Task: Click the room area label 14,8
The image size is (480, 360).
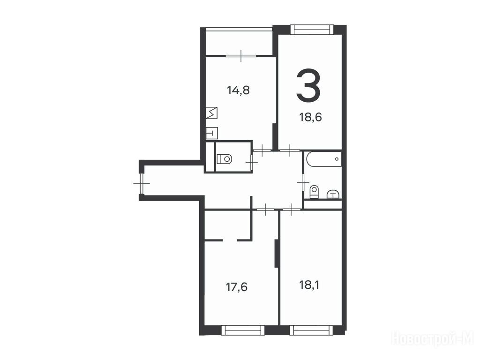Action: (x=239, y=90)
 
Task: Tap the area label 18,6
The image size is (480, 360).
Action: (x=310, y=117)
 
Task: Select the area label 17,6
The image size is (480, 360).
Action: (x=237, y=287)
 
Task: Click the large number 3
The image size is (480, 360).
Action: (x=308, y=85)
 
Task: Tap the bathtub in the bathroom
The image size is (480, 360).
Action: (x=324, y=159)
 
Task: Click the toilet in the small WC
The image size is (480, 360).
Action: (x=225, y=159)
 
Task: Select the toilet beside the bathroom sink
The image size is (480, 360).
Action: (x=314, y=192)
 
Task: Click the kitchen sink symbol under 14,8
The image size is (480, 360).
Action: (x=211, y=113)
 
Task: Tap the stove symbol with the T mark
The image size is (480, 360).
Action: (x=211, y=133)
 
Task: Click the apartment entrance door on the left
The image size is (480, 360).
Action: (x=142, y=183)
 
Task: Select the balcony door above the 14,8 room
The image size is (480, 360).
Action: (x=241, y=56)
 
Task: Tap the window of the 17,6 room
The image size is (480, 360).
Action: (x=242, y=330)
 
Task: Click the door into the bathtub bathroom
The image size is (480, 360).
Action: (x=303, y=182)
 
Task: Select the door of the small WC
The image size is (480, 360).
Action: (x=252, y=160)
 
